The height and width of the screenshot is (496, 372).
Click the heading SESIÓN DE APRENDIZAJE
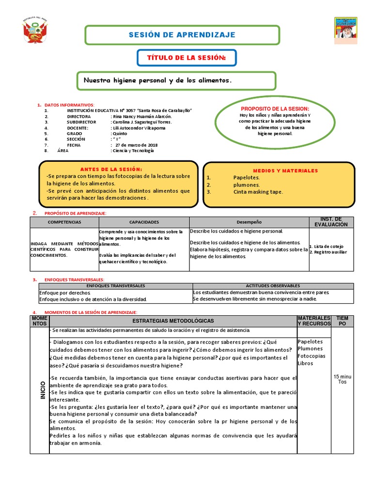182,35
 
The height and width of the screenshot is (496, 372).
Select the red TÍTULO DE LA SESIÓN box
187,58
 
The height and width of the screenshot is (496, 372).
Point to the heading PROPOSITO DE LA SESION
275,108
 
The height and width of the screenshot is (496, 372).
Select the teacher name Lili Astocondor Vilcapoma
138,128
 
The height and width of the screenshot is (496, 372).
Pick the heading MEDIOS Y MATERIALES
285,170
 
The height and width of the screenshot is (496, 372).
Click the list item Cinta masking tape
258,192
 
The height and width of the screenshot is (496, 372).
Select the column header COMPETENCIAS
64,222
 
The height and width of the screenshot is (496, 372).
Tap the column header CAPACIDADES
144,222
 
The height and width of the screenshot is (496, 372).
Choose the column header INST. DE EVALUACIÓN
331,222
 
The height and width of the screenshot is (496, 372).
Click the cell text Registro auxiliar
330,252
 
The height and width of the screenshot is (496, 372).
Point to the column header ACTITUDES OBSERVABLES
273,286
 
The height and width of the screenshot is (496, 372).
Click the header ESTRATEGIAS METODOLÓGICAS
173,321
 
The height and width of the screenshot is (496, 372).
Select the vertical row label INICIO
42,390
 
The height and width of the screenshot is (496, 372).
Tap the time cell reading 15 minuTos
342,379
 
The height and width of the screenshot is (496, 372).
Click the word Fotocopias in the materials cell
312,356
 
